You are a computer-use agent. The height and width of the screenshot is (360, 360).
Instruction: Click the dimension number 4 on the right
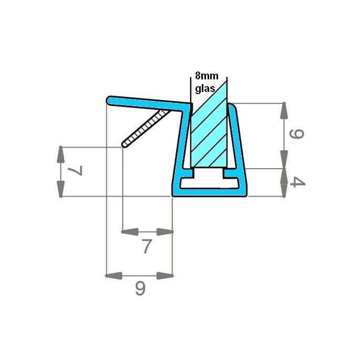click(x=297, y=183)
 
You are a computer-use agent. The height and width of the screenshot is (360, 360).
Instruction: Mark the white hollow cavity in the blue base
click(x=210, y=184)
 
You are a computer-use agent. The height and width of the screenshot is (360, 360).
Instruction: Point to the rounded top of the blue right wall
click(x=232, y=107)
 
